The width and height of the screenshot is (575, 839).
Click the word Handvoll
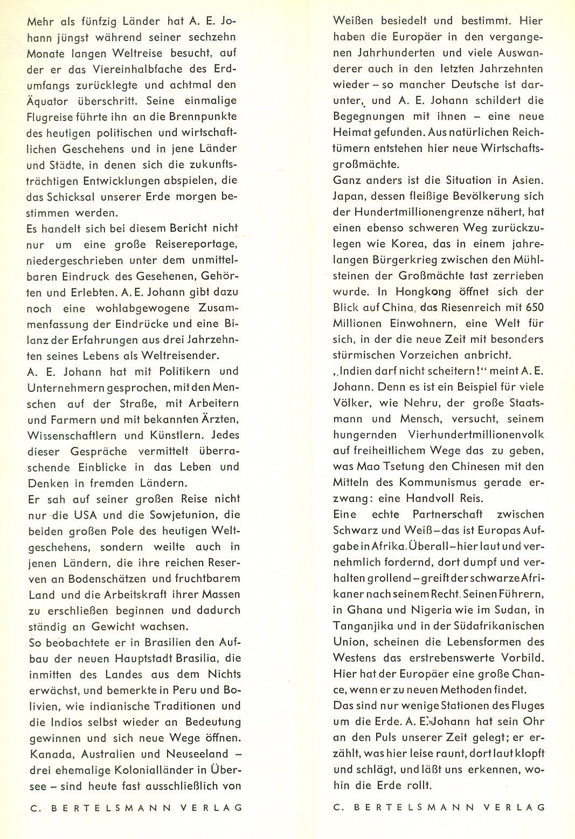[440, 499]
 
